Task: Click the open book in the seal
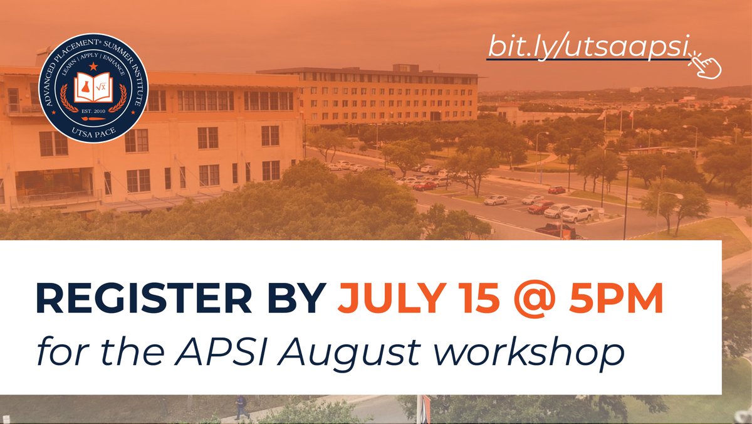(x=93, y=88)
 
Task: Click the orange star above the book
(x=93, y=66)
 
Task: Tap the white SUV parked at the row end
(x=578, y=214)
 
